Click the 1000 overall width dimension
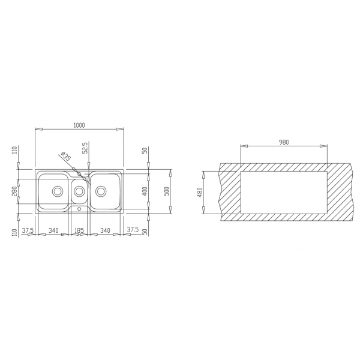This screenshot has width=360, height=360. (x=79, y=125)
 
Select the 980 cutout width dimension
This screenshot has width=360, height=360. (x=284, y=142)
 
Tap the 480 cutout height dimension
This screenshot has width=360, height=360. (x=200, y=192)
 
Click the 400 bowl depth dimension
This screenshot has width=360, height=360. (x=145, y=191)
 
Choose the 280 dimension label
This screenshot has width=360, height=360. (x=14, y=191)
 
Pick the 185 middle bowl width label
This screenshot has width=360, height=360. (x=79, y=230)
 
